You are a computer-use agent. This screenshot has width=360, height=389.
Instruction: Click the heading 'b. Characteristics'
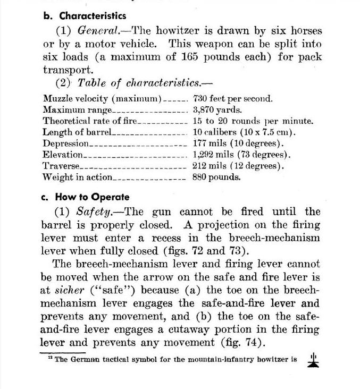(x=85, y=16)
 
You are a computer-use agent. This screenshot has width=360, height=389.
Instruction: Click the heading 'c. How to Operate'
(x=85, y=197)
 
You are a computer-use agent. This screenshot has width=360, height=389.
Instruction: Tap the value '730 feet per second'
(x=233, y=99)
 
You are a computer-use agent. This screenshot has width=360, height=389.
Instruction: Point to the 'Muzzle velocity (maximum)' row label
(x=102, y=99)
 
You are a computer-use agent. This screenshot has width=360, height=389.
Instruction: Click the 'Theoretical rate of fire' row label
(x=90, y=121)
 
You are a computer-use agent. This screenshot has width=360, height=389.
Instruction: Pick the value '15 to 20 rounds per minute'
(x=253, y=121)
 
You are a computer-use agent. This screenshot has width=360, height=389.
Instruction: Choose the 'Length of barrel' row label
(x=77, y=132)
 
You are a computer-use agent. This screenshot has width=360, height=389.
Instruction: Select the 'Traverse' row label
(x=61, y=166)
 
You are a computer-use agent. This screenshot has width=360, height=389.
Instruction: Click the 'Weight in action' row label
(x=78, y=177)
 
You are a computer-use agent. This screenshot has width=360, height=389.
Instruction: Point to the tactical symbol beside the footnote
(x=313, y=360)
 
